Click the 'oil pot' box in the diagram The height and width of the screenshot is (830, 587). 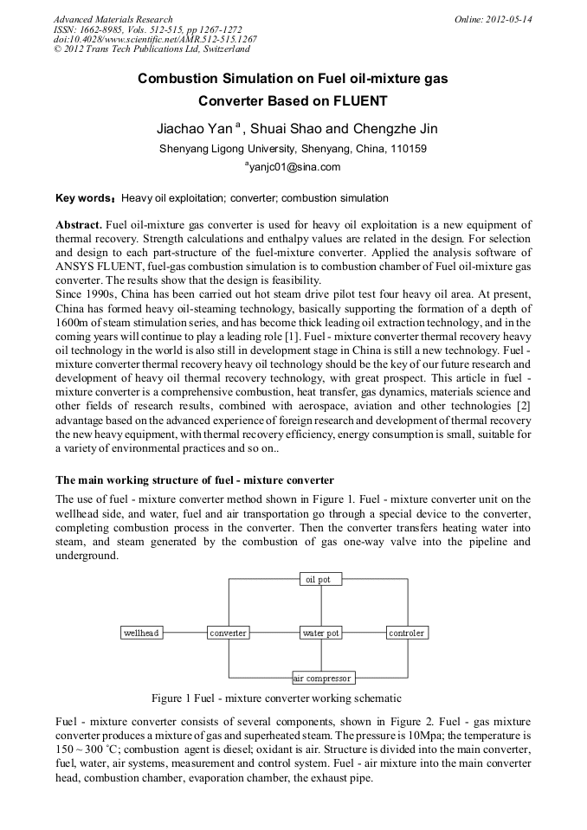[x=320, y=579]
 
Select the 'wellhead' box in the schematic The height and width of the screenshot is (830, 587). [x=141, y=634]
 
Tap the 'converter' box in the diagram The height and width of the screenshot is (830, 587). [x=229, y=634]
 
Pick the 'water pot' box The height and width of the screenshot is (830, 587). [x=320, y=634]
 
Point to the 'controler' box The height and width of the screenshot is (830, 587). [x=407, y=634]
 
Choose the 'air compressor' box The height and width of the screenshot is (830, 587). [x=322, y=679]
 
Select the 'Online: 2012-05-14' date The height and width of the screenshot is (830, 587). [x=493, y=19]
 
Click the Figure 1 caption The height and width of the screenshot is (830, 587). [x=276, y=698]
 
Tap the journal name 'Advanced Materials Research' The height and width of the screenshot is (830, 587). [x=113, y=19]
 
